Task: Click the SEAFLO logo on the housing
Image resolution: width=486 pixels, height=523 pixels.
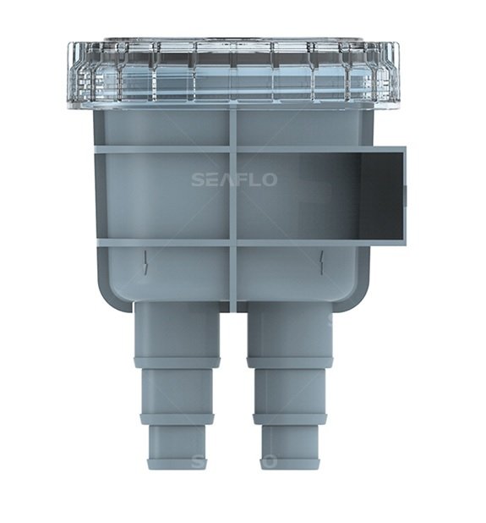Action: coord(233,179)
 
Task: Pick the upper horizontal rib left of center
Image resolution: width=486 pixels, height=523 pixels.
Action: coord(161,150)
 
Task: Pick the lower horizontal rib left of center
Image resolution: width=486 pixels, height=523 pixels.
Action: coord(161,243)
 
